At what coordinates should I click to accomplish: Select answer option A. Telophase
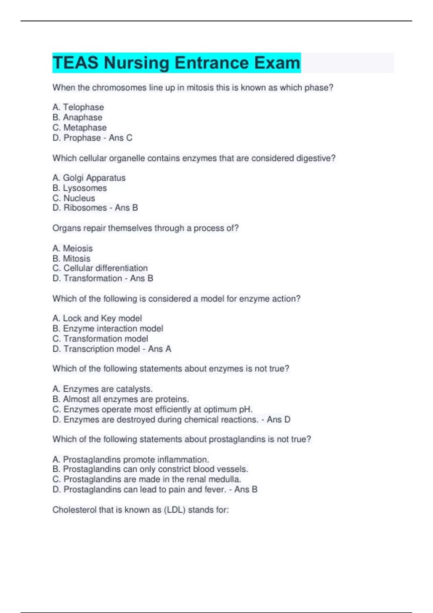(x=78, y=107)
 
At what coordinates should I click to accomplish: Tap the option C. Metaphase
(x=80, y=128)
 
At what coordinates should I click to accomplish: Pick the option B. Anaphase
(x=78, y=118)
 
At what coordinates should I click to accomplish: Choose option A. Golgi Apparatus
(x=89, y=178)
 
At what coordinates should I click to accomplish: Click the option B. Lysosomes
(x=80, y=188)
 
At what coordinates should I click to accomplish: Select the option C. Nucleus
(x=74, y=198)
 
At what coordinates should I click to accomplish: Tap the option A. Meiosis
(x=73, y=248)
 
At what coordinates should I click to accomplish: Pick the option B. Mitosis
(x=71, y=259)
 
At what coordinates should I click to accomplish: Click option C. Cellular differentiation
(x=100, y=268)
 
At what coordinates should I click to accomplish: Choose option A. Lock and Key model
(x=97, y=318)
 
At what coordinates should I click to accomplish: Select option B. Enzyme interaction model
(x=108, y=328)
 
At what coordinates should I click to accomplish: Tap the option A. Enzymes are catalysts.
(x=102, y=389)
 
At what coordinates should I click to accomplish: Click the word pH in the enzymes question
(x=245, y=410)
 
